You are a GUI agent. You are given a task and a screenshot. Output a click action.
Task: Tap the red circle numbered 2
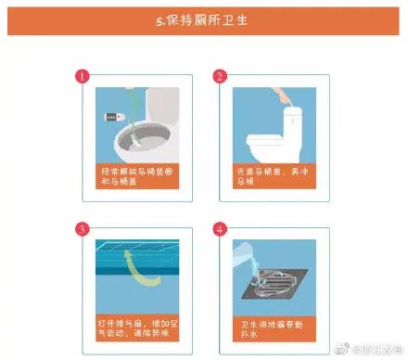[220, 76]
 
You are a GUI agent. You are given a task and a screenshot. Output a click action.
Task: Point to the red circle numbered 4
[220, 228]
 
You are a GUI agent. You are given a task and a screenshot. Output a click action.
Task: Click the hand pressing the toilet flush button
[277, 94]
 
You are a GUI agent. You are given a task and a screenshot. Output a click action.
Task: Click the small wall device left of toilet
[113, 117]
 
